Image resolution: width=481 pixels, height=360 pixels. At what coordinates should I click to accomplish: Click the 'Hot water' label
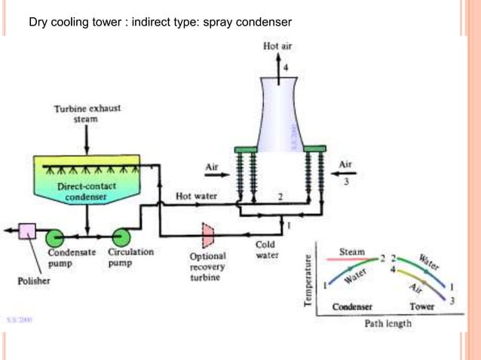coord(196,197)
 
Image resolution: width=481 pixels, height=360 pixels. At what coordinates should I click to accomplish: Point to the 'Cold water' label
coord(266,249)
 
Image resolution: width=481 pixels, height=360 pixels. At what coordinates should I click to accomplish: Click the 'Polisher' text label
coord(34,281)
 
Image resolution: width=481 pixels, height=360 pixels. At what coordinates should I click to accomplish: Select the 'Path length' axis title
coord(388,324)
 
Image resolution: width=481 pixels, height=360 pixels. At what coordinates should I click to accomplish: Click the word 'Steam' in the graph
coord(352,252)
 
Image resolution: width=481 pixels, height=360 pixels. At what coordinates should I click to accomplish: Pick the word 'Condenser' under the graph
coord(348,307)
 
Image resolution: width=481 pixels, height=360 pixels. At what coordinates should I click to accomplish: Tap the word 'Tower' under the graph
coord(421,307)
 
